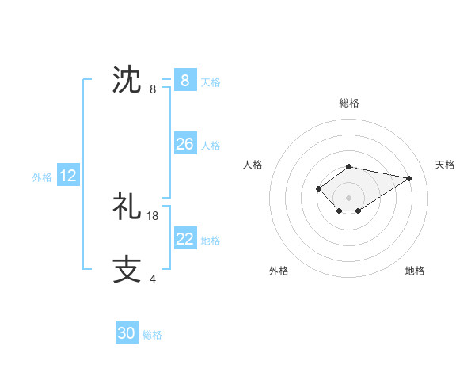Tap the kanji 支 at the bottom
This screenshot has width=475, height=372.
[127, 268]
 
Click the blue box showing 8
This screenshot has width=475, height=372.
[184, 80]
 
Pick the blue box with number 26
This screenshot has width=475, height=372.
[184, 144]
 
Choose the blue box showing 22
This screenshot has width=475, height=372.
[184, 239]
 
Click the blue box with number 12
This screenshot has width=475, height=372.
[68, 177]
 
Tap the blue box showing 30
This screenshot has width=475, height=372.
[127, 333]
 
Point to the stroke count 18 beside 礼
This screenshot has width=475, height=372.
[153, 215]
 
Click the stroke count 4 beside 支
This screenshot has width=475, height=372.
[153, 279]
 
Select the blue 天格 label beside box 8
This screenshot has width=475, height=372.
[211, 82]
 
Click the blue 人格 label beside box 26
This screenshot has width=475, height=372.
[211, 146]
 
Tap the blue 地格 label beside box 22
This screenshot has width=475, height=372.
[211, 241]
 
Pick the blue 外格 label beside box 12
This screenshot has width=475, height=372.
[42, 178]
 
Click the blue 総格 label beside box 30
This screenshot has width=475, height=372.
[152, 335]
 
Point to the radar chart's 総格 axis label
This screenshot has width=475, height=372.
[348, 103]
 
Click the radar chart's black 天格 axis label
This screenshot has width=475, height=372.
[445, 165]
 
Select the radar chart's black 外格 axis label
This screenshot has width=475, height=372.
[279, 271]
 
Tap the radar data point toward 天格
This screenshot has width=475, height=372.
[408, 177]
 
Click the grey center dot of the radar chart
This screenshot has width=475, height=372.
[348, 197]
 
